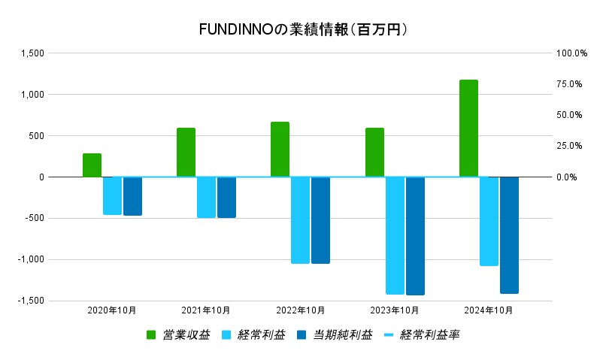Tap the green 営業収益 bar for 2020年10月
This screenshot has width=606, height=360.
tap(92, 165)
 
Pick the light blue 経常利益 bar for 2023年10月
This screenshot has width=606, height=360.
tap(395, 235)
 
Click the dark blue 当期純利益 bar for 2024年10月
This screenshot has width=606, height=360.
tap(509, 234)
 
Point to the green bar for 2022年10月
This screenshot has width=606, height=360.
tap(280, 150)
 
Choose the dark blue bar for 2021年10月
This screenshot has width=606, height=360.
tap(226, 197)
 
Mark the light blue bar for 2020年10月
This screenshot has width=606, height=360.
tap(112, 195)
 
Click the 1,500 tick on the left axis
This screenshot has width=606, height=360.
tap(33, 53)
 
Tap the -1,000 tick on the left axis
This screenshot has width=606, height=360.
tap(31, 260)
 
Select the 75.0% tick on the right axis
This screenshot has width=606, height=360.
tap(569, 84)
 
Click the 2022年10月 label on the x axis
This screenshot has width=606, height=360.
tap(301, 310)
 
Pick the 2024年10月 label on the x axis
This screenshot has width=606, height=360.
tap(489, 310)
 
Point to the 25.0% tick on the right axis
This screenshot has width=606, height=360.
tap(569, 146)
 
